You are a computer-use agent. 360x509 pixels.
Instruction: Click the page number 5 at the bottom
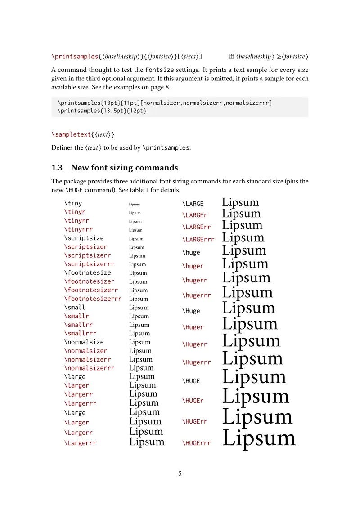pos(180,473)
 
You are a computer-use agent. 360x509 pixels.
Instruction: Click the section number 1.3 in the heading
pos(57,168)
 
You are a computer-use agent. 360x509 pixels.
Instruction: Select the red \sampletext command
pos(70,134)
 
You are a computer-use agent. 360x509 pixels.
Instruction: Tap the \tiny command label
pos(73,203)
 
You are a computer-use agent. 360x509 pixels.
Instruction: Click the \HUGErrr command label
pos(197,443)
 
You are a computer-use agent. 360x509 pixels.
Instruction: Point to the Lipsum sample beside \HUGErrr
pos(259,438)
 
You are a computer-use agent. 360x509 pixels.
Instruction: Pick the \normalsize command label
pos(84,342)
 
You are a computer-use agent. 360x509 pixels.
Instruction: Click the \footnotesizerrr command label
pos(93,299)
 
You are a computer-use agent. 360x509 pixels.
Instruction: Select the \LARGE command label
pos(193,204)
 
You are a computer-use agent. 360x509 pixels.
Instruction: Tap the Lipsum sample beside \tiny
pos(135,204)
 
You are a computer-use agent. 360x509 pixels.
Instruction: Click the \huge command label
pos(191,252)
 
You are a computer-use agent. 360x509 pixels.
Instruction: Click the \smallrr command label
pos(79,325)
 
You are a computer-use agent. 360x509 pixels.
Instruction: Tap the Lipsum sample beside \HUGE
pos(254,377)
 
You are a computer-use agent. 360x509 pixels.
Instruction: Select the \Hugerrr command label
pos(197,362)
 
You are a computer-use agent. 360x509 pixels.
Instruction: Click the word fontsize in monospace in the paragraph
pos(159,70)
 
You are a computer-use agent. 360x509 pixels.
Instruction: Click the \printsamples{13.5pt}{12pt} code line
pos(102,110)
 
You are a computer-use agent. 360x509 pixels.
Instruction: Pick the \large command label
pos(75,377)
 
